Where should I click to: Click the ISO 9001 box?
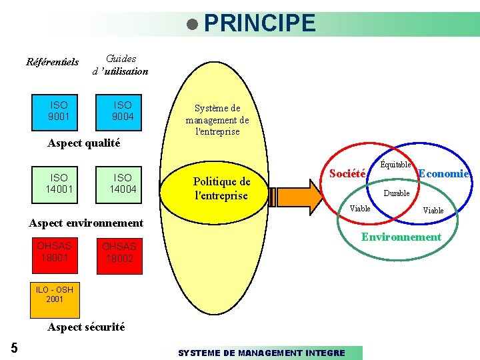(59, 111)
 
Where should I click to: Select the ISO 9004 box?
(123, 111)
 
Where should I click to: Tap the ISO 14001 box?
(59, 183)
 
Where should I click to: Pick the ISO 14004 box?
(123, 183)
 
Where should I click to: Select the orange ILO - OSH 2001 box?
(55, 299)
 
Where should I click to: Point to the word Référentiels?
(52, 63)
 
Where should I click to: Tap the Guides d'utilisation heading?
(120, 65)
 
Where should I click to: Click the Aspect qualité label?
(84, 143)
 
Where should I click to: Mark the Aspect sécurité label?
(86, 327)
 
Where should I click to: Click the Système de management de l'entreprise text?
(217, 120)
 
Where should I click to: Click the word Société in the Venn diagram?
(347, 173)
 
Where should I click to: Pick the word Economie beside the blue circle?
(444, 173)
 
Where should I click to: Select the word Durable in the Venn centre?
(396, 193)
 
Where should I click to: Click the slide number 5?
(14, 347)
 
